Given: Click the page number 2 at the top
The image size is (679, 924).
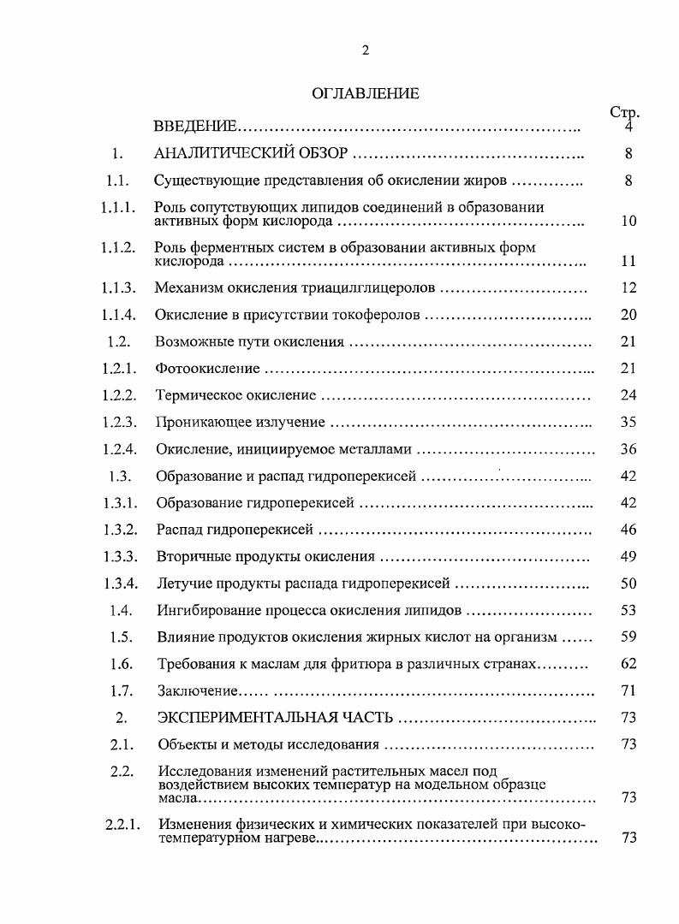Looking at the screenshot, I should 365,50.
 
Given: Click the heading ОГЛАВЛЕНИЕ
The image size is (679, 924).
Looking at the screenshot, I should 366,94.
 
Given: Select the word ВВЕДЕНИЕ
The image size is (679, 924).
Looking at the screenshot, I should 194,127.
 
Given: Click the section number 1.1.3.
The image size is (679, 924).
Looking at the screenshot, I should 118,288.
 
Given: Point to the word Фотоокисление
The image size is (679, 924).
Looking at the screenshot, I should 207,369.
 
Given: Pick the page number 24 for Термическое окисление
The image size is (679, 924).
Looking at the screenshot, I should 628,396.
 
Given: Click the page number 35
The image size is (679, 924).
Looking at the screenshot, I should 628,423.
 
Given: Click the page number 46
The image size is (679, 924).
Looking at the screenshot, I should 628,530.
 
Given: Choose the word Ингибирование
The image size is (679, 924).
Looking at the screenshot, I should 207,610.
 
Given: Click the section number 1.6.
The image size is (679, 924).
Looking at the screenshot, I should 120,664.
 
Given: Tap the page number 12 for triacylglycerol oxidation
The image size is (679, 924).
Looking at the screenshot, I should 628,288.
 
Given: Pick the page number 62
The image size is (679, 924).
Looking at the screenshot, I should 628,664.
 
